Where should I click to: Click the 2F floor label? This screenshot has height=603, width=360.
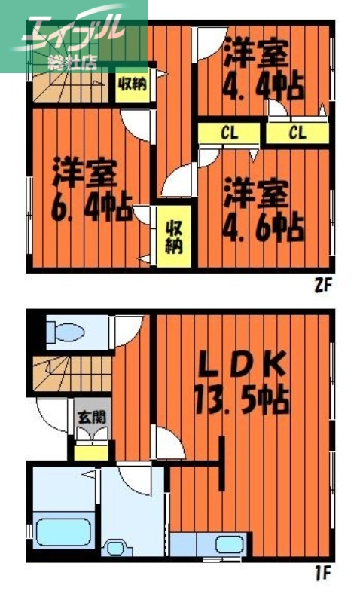point(323,286)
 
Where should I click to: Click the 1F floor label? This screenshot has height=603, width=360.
point(323,574)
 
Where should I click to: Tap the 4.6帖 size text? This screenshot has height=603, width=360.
point(263,222)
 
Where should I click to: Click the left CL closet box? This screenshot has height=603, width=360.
point(230,134)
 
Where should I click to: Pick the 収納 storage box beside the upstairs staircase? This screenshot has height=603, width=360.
point(131,84)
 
